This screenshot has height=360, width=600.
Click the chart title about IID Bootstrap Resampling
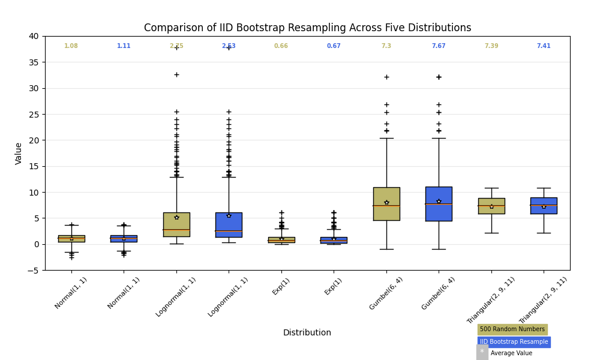[307, 28]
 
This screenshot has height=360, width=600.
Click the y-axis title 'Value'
[19, 153]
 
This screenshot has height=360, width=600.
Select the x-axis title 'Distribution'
[307, 332]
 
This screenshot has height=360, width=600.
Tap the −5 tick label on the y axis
[32, 271]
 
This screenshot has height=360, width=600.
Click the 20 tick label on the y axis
[34, 140]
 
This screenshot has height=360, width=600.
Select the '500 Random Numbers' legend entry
[512, 329]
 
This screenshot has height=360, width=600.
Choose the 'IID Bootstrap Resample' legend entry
[514, 342]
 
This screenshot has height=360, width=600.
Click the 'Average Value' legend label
[511, 353]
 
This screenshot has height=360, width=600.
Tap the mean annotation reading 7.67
[439, 46]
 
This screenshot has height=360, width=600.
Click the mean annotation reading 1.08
[71, 46]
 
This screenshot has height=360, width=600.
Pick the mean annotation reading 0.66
[281, 46]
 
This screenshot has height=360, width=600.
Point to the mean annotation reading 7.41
[544, 46]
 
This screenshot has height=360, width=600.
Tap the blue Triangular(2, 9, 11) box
[544, 205]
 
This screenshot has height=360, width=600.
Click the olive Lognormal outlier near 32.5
[176, 74]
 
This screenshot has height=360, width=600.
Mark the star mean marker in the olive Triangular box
[491, 206]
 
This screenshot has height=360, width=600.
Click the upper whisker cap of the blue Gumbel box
[439, 138]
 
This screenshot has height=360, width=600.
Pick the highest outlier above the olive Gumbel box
[386, 77]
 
